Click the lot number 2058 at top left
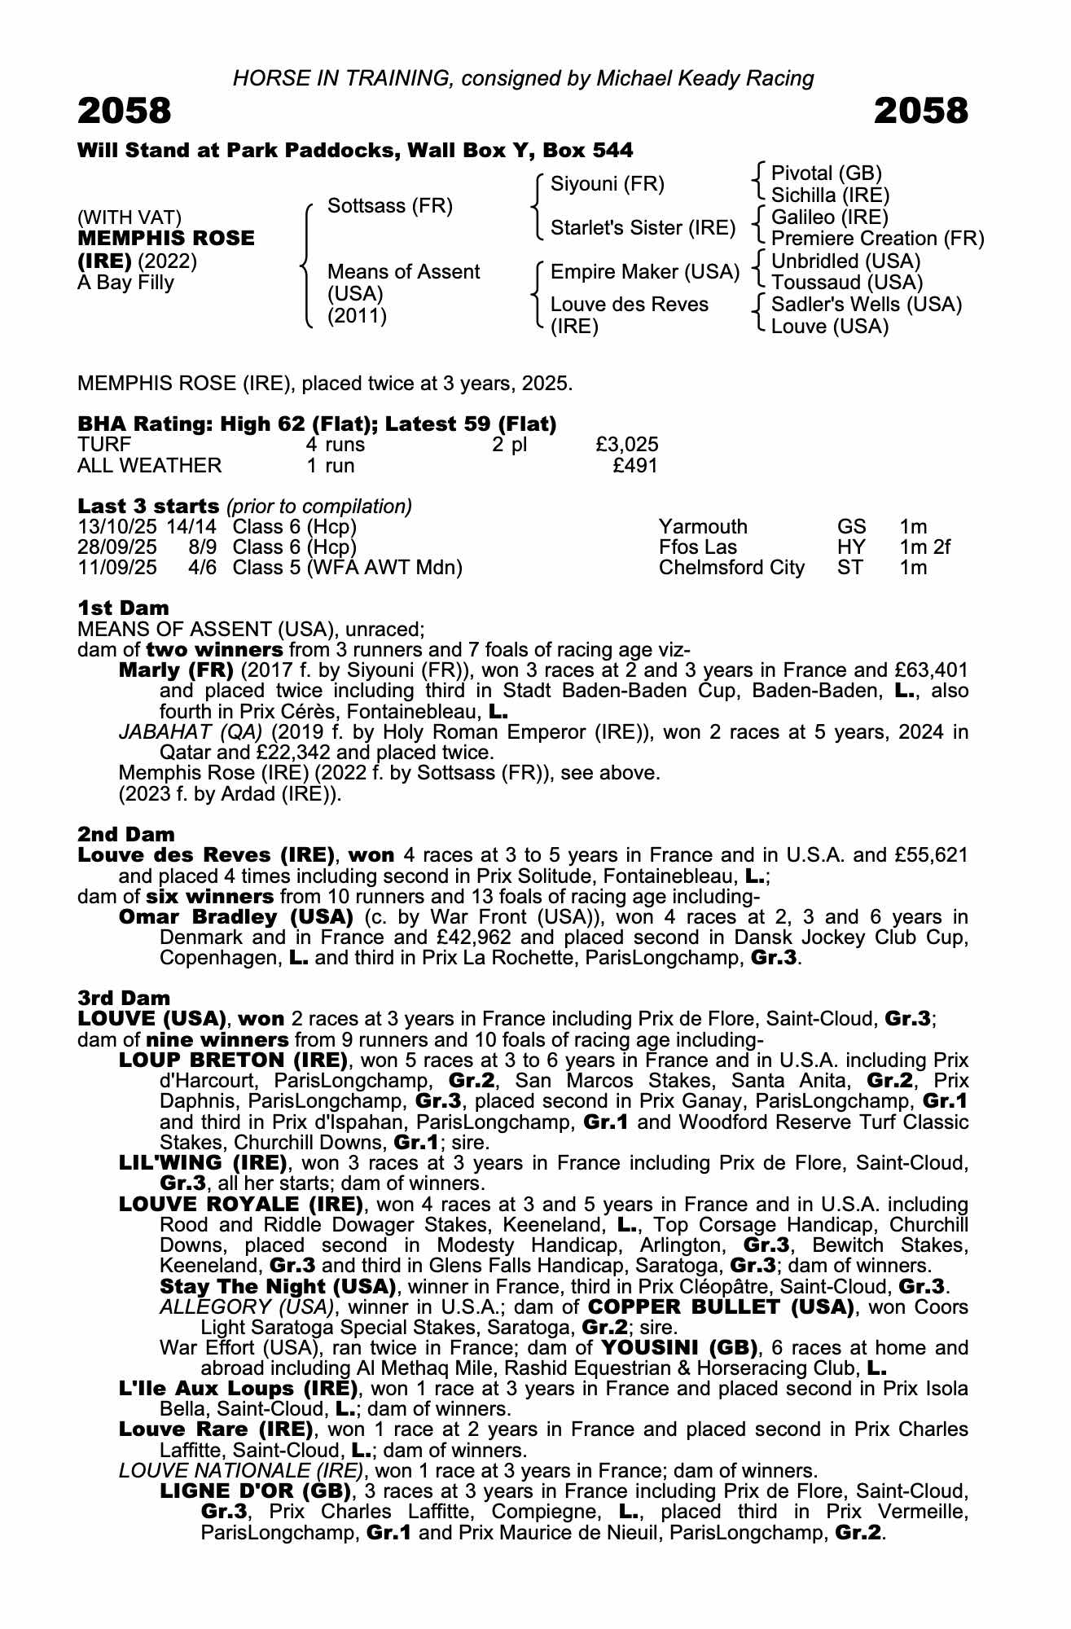[x=125, y=111]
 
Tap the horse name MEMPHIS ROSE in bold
[x=166, y=239]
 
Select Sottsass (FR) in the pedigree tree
[x=389, y=206]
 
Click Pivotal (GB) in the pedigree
[x=826, y=173]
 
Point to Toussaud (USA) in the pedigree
[x=846, y=283]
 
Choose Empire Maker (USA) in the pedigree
[x=644, y=271]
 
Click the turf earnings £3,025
[x=626, y=445]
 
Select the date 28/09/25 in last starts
[x=116, y=547]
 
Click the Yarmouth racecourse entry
[x=702, y=527]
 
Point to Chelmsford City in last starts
[x=731, y=568]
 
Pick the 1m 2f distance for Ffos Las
[x=924, y=547]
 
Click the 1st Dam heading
[x=124, y=608]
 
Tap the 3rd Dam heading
[x=124, y=998]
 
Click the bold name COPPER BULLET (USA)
[x=721, y=1307]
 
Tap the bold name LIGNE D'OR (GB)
[x=256, y=1491]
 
